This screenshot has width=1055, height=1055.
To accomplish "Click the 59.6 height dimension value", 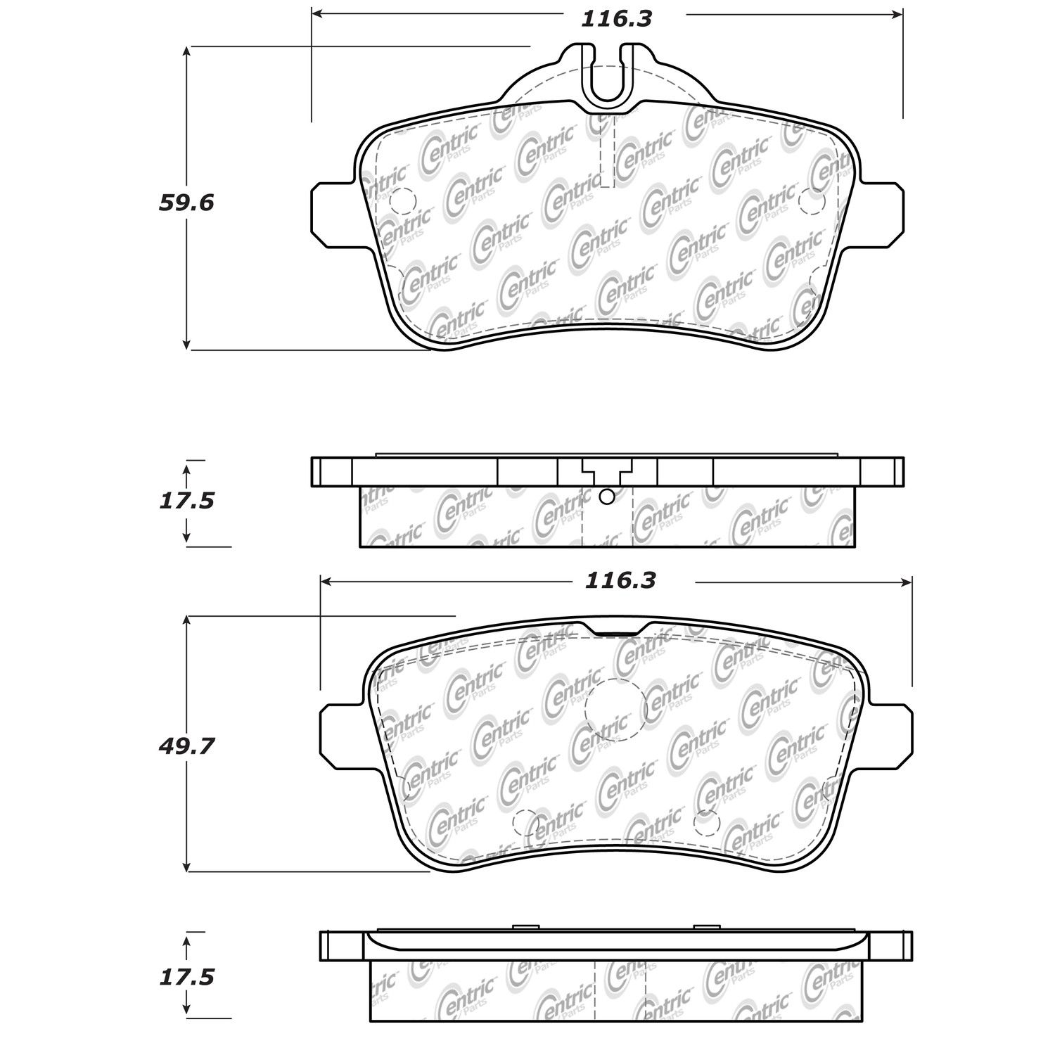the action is [x=186, y=203].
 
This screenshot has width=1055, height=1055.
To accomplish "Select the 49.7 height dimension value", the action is [x=186, y=746].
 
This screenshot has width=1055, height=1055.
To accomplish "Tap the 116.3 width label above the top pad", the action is [x=616, y=19].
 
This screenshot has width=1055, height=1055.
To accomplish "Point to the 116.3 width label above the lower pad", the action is [x=620, y=580].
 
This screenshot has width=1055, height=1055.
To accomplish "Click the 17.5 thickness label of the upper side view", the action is [x=186, y=501].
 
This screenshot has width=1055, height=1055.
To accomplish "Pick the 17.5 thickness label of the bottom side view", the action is [x=186, y=978].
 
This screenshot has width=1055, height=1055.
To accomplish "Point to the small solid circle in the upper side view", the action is [x=606, y=497].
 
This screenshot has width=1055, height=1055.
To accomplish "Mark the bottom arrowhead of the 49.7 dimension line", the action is [x=186, y=864].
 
